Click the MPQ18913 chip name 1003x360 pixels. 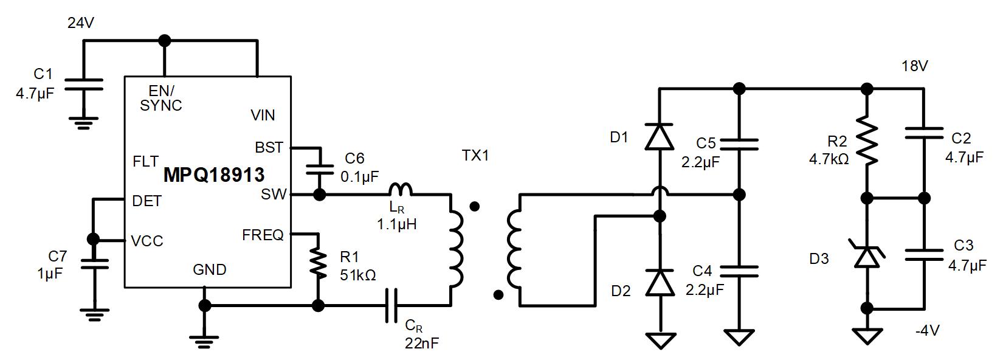pyautogui.click(x=214, y=175)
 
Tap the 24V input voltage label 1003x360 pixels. pyautogui.click(x=81, y=23)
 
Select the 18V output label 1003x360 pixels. pyautogui.click(x=915, y=66)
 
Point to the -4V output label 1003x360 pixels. pyautogui.click(x=928, y=330)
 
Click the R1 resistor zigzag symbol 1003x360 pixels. pyautogui.click(x=319, y=263)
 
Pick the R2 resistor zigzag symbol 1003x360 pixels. pyautogui.click(x=867, y=141)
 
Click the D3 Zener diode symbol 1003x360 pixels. pyautogui.click(x=867, y=254)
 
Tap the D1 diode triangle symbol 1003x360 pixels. pyautogui.click(x=659, y=136)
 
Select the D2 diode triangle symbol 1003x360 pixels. pyautogui.click(x=659, y=283)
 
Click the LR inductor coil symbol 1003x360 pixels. pyautogui.click(x=401, y=190)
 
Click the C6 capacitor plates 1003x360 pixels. pyautogui.click(x=320, y=170)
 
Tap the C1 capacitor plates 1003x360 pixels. pyautogui.click(x=84, y=85)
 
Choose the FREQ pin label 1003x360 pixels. pyautogui.click(x=263, y=235)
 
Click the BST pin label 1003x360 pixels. pyautogui.click(x=269, y=147)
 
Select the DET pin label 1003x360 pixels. pyautogui.click(x=146, y=201)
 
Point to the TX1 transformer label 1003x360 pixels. pyautogui.click(x=475, y=156)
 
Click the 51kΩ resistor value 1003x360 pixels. pyautogui.click(x=358, y=275)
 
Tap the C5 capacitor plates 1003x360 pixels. pyautogui.click(x=740, y=144)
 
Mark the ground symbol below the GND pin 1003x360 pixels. pyautogui.click(x=205, y=341)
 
